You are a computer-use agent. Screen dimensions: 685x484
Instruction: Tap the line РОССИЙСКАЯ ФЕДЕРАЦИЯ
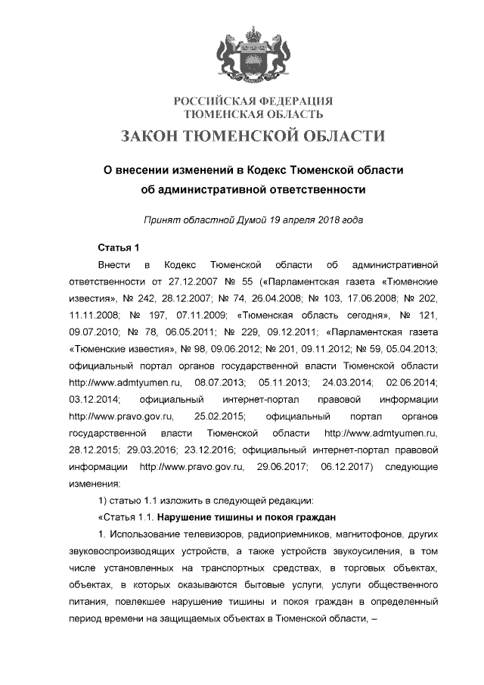253,101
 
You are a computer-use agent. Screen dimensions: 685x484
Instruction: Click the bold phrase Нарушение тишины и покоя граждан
253,518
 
